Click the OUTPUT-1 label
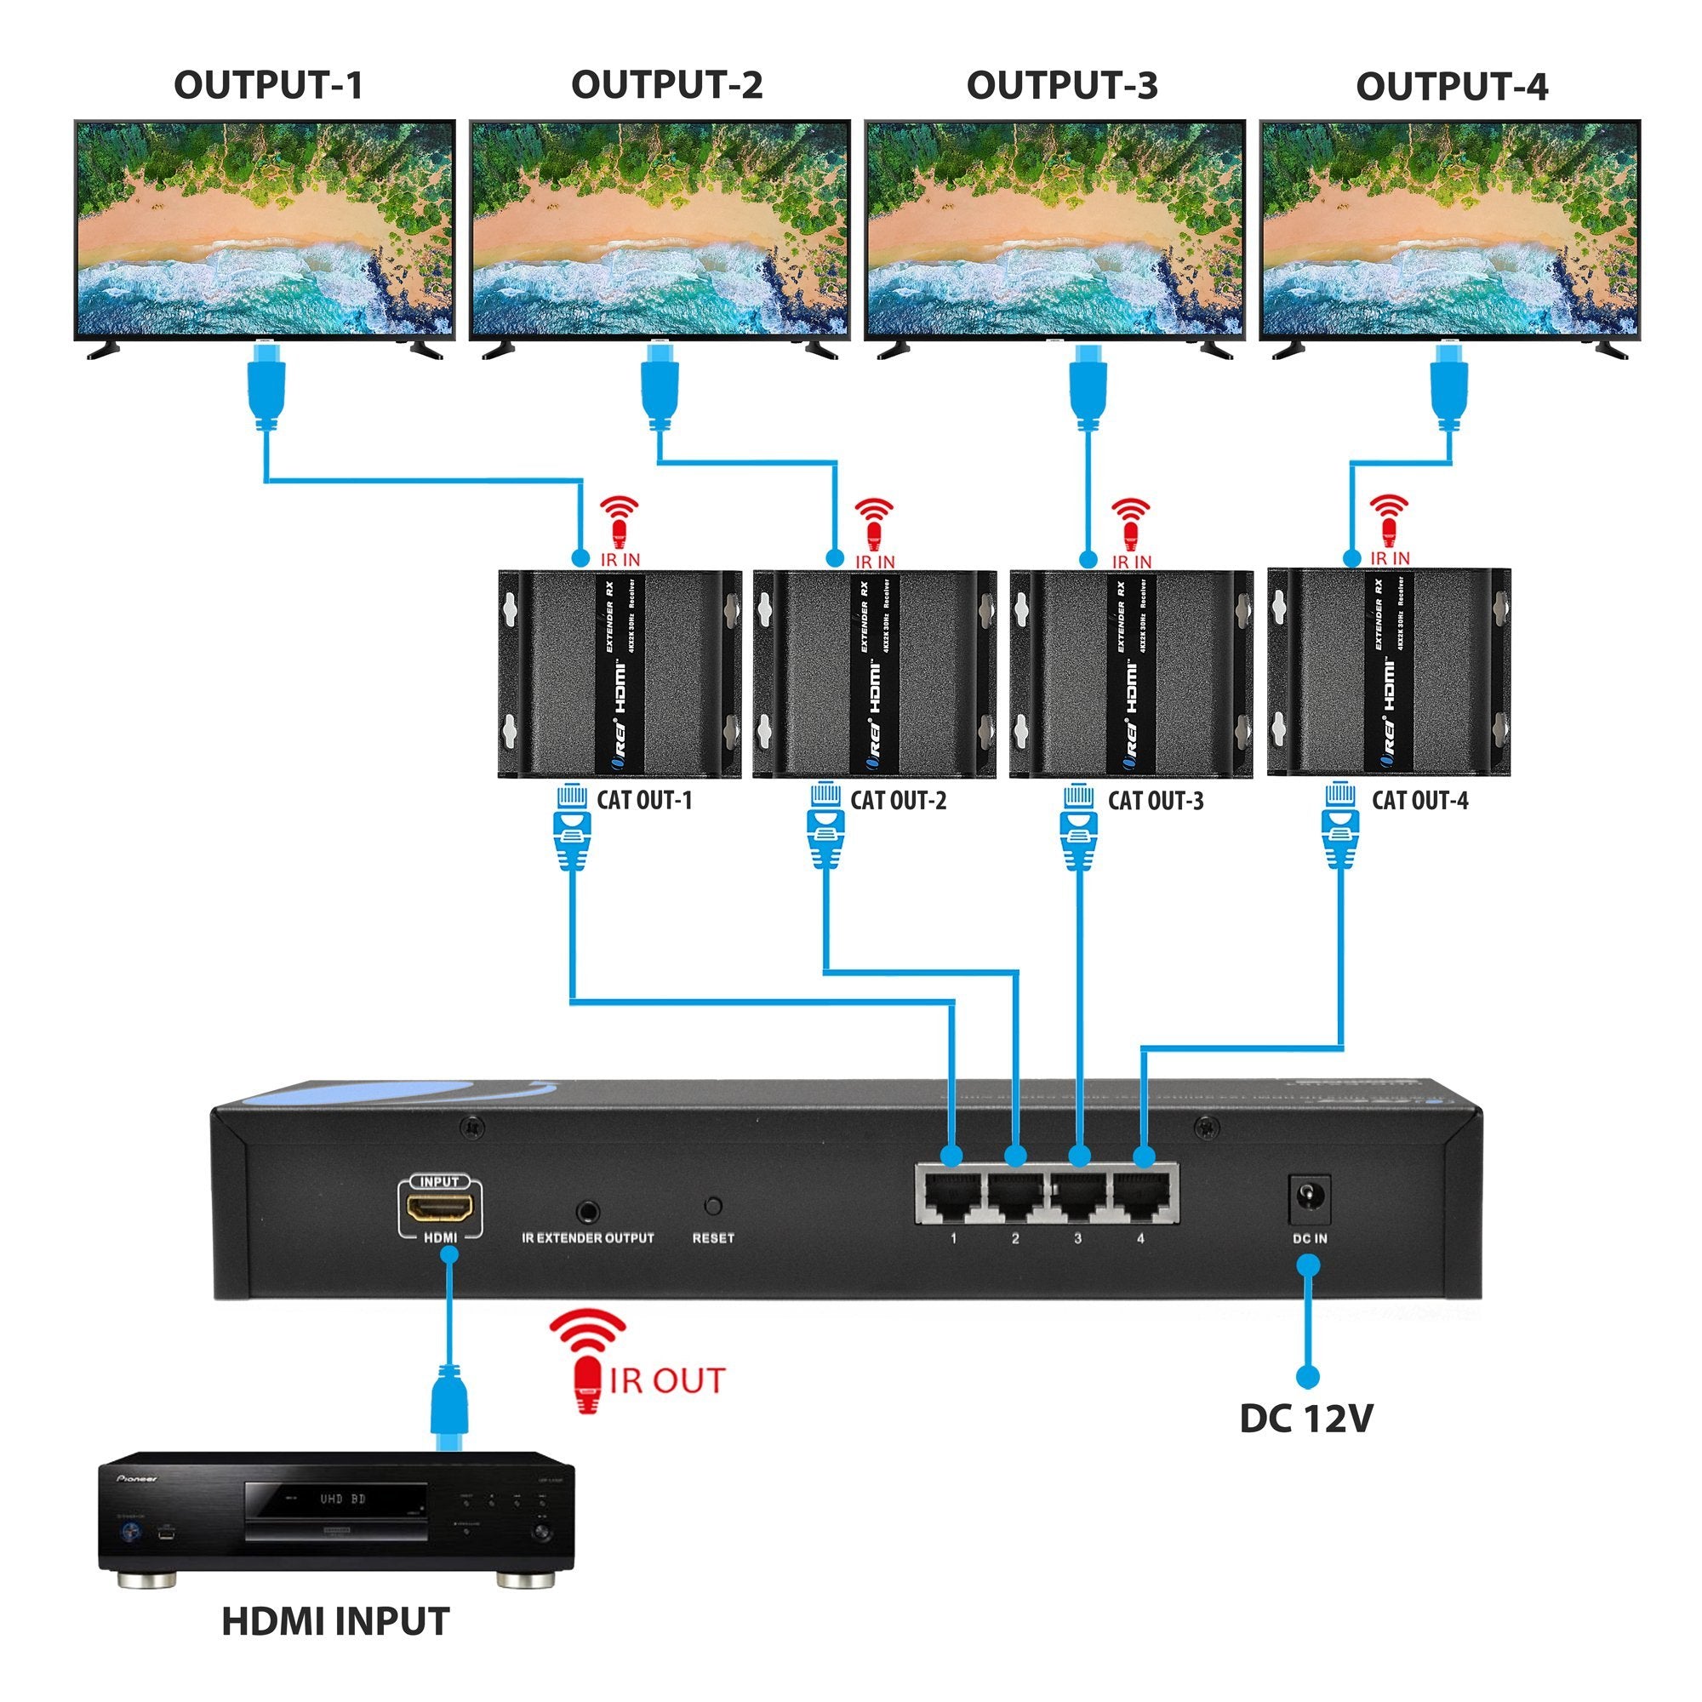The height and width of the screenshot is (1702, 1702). (x=268, y=85)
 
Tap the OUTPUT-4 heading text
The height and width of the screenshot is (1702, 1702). (x=1451, y=87)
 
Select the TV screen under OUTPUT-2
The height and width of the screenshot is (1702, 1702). (x=659, y=229)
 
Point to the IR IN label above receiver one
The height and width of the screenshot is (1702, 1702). (x=620, y=559)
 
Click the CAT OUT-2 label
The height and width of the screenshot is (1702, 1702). (x=898, y=801)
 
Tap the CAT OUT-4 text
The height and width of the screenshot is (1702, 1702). (x=1419, y=801)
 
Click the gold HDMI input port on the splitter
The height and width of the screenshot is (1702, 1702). (x=440, y=1207)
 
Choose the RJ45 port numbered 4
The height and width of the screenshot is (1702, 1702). (x=1143, y=1195)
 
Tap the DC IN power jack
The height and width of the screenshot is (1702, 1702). (x=1309, y=1199)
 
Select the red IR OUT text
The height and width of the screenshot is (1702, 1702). (x=667, y=1380)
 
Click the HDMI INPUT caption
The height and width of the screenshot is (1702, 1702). (x=334, y=1622)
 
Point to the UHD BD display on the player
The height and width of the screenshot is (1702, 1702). (x=343, y=1499)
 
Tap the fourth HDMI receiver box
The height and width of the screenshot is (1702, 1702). (x=1388, y=674)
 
